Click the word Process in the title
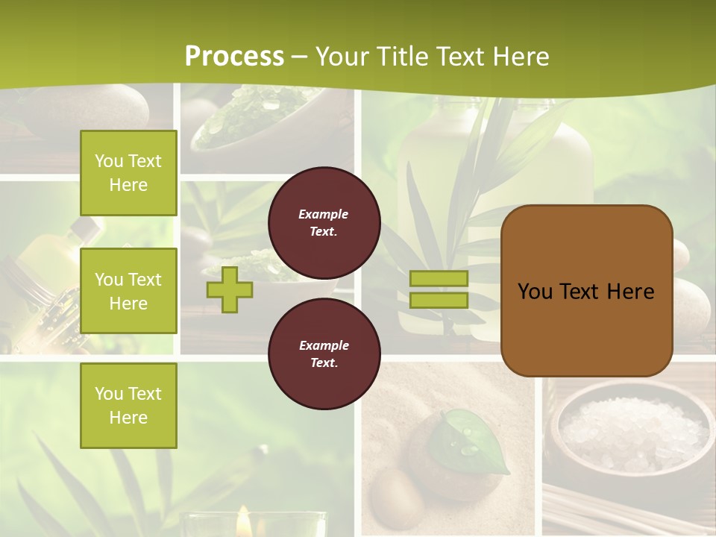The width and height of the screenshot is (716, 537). pos(234,56)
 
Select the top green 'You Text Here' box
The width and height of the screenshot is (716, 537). pos(128,173)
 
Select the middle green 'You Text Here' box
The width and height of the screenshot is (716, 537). pos(128,291)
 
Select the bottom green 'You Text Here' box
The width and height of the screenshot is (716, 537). pos(128,406)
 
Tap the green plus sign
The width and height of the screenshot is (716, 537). pos(230,289)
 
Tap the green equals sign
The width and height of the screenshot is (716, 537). pos(439,289)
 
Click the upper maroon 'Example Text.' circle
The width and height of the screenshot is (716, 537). pos(324,223)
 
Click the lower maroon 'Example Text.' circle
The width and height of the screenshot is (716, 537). pos(324,354)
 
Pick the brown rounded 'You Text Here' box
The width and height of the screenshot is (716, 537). pos(586,291)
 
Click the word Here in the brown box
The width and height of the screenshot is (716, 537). pos(629,292)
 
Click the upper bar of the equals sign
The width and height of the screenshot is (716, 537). pos(439,278)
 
